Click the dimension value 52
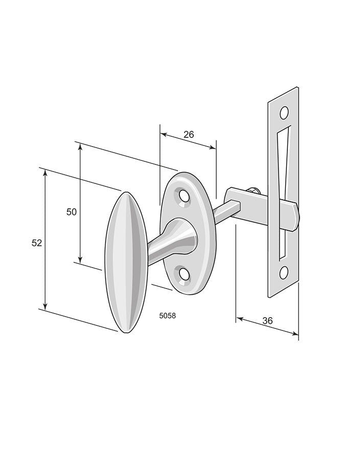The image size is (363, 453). pyautogui.click(x=37, y=243)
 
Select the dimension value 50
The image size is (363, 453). pyautogui.click(x=72, y=212)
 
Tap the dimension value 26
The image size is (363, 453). pyautogui.click(x=189, y=134)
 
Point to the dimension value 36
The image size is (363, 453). pyautogui.click(x=267, y=320)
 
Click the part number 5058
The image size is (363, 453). pyautogui.click(x=168, y=316)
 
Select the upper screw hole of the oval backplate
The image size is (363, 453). pyautogui.click(x=184, y=196)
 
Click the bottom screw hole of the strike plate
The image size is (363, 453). pyautogui.click(x=284, y=272)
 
